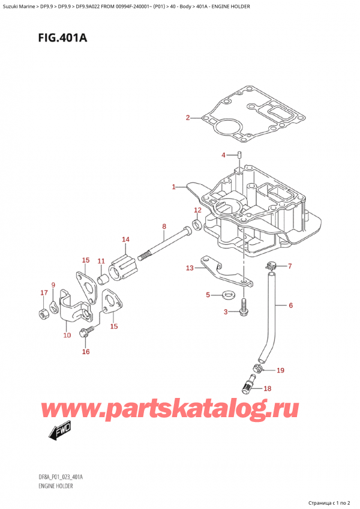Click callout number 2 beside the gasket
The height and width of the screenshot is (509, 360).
187,118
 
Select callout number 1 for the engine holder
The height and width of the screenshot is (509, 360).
173,187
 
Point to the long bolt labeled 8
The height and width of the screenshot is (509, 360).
163,244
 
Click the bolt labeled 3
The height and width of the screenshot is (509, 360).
244,310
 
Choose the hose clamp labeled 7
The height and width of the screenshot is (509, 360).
271,265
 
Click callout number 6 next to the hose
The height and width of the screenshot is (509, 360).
290,306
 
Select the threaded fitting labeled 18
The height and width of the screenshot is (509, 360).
247,384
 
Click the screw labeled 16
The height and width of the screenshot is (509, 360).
88,331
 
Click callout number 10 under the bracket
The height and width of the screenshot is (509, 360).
66,336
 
